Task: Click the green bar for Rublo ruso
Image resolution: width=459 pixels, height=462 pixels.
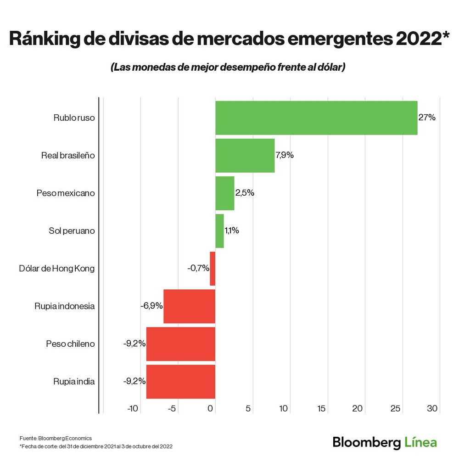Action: tap(316, 118)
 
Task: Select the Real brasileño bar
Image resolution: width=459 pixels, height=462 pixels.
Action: tap(245, 155)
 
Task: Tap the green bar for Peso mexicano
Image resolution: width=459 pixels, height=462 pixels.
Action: tap(224, 193)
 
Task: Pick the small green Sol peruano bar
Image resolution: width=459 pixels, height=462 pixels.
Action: tap(219, 231)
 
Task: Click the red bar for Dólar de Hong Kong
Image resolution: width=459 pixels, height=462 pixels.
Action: tap(213, 268)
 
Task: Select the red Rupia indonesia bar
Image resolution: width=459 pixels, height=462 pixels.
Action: tap(189, 306)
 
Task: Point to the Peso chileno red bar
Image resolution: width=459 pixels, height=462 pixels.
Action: tap(180, 344)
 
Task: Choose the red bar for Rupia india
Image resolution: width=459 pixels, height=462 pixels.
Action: tap(180, 381)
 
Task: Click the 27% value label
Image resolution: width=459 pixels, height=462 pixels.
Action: tap(427, 118)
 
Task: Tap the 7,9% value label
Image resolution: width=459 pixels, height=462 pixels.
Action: tap(285, 155)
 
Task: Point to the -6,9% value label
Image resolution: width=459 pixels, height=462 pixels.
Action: tap(151, 306)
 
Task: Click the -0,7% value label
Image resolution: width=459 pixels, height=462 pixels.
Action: tap(198, 268)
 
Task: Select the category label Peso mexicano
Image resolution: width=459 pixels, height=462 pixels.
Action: tap(66, 193)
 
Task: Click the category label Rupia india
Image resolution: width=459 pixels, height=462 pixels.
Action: tap(74, 381)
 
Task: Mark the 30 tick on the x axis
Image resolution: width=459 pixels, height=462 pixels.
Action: tap(433, 408)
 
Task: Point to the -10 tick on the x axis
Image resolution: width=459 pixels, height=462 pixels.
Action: tap(133, 408)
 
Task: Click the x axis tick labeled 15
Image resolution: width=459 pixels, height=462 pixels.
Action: tap(321, 408)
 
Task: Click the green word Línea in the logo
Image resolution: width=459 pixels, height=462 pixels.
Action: tap(421, 442)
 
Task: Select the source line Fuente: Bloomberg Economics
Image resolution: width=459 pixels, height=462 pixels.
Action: tap(56, 438)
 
